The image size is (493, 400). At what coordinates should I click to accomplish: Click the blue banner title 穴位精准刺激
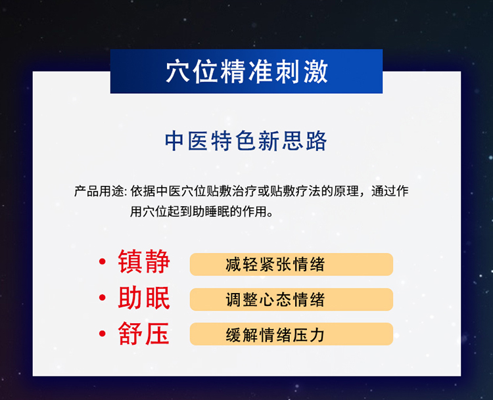coord(246,72)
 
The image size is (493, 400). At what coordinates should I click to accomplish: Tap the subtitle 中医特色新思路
coord(246,141)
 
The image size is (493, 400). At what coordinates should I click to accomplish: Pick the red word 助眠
coord(144,298)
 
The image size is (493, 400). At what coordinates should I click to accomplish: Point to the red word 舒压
coord(144,334)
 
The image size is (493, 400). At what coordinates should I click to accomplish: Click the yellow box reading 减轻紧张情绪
coord(291,265)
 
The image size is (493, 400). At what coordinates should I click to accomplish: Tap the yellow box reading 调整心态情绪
coord(291,300)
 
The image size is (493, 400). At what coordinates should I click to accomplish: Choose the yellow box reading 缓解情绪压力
coord(291,334)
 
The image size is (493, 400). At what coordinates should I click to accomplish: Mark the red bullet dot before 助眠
coord(102,300)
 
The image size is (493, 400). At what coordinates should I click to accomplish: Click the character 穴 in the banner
coord(177,72)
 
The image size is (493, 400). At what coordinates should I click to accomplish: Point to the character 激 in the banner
coord(316,72)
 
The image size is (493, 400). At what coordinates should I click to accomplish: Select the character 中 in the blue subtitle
coord(174,141)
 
